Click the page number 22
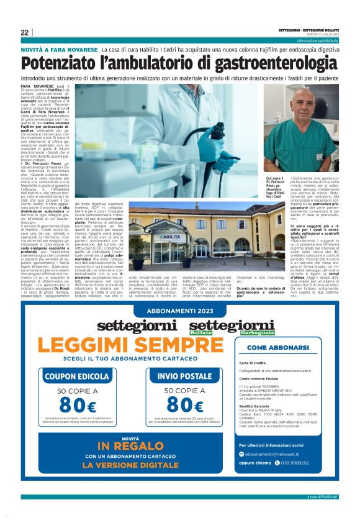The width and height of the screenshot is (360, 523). (x=24, y=32)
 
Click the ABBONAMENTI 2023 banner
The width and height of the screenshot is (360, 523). (x=180, y=314)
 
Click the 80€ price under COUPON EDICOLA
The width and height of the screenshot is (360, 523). (x=77, y=406)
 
